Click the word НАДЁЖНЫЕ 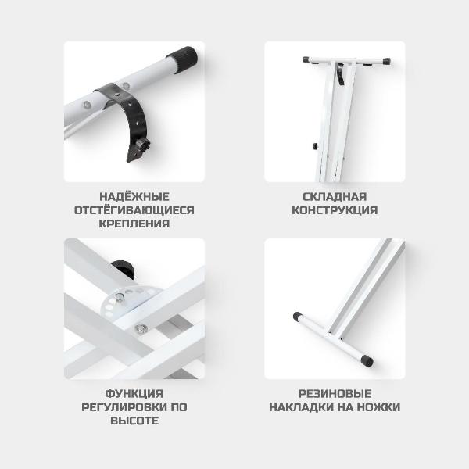coord(134,197)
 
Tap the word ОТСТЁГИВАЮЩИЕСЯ coord(134,210)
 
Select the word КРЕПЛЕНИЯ coord(134,224)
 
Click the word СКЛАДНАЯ coord(335,197)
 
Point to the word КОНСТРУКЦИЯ coord(335,210)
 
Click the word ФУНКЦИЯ coord(134,394)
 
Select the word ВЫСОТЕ coord(134,421)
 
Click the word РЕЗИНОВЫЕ coord(335,394)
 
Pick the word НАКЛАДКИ coord(301,407)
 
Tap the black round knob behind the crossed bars coord(123,269)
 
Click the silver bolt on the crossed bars coord(140,328)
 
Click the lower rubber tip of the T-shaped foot coord(367,360)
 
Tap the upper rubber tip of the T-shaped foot coord(298,317)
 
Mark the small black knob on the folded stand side coord(315,146)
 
